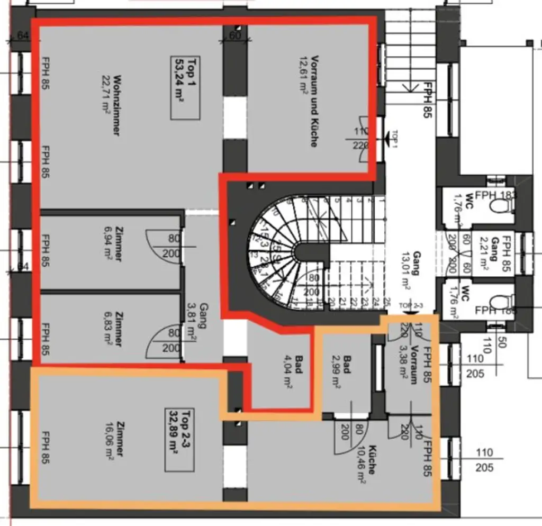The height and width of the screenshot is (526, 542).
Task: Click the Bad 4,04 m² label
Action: [294, 367]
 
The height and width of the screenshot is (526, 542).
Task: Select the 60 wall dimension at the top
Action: [234, 36]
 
